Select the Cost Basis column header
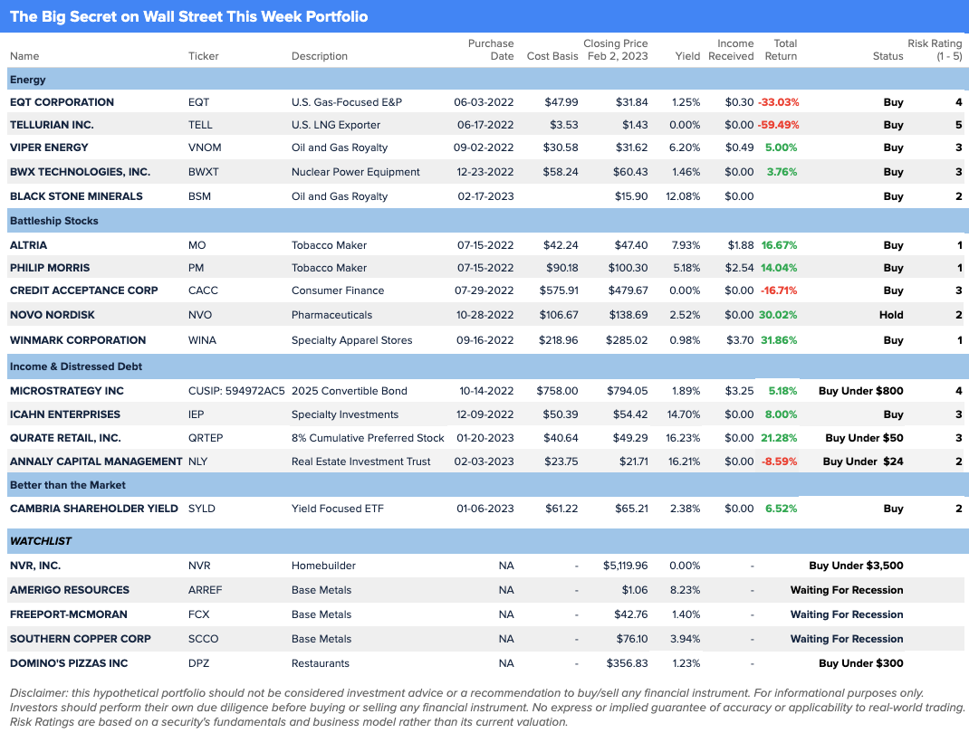(x=552, y=56)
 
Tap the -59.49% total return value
(x=778, y=125)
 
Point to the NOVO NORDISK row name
(x=53, y=315)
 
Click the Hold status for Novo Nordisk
(x=891, y=315)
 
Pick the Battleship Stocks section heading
(x=54, y=221)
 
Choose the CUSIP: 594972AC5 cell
(x=236, y=391)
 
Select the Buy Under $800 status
(x=860, y=391)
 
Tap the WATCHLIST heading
(x=41, y=541)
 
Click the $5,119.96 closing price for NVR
(x=626, y=566)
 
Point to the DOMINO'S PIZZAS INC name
(x=69, y=663)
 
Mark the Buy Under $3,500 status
(x=856, y=566)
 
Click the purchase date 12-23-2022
(x=484, y=172)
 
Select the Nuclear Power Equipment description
(x=356, y=172)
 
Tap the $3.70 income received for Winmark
(x=739, y=340)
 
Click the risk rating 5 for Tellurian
(x=958, y=125)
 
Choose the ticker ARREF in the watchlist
(x=205, y=590)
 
